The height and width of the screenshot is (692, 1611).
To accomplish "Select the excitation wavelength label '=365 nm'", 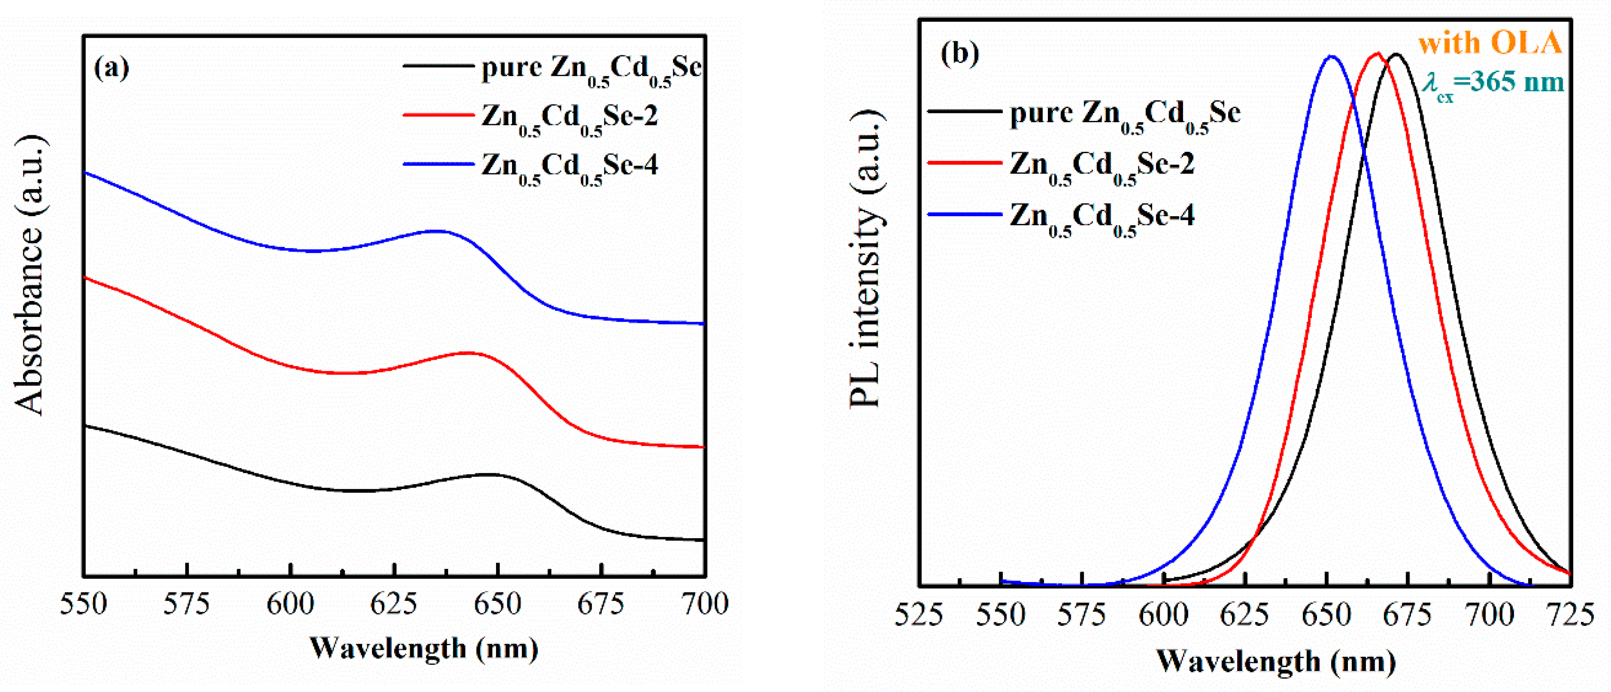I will tap(1507, 82).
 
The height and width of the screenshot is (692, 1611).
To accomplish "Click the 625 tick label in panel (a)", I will tap(394, 604).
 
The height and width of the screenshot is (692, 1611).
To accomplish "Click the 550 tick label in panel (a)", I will tap(83, 604).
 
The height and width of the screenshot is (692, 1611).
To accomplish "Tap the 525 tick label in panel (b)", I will tap(918, 614).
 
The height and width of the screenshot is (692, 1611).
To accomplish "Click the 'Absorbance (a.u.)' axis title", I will tap(30, 275).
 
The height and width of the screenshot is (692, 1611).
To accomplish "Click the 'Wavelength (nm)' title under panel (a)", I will tap(424, 648).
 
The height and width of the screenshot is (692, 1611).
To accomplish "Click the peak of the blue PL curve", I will tap(1331, 56).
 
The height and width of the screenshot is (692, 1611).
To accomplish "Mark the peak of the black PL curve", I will tap(1395, 55).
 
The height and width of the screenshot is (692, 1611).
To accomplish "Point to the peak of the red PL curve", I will tap(1377, 53).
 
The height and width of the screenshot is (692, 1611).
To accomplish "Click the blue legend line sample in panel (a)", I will tap(438, 165).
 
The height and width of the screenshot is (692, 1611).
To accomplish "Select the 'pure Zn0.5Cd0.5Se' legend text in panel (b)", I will tap(1124, 114).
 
